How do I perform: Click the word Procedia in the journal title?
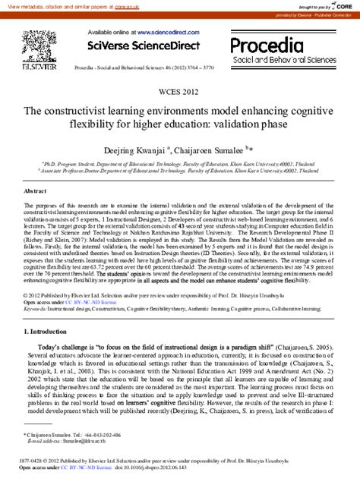click(x=268, y=46)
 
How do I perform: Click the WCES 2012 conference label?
click(x=179, y=93)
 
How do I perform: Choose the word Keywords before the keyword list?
click(x=37, y=310)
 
